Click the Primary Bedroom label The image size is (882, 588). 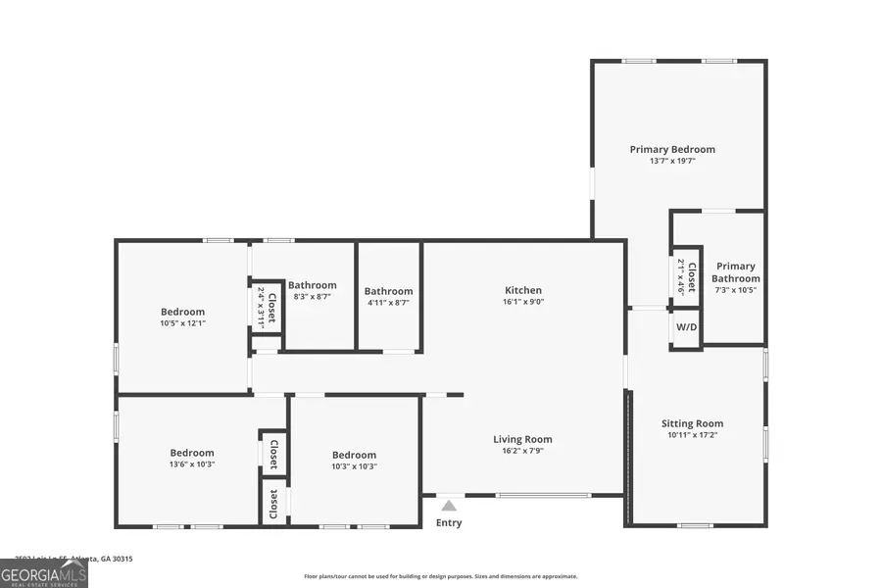coord(672,149)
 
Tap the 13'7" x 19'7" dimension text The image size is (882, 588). coord(672,161)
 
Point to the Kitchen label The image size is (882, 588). coord(523,290)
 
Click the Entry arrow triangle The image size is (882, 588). coord(449,506)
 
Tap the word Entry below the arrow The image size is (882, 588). coord(449,523)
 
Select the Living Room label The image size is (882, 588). coord(522,439)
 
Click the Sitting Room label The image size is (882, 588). coord(695,423)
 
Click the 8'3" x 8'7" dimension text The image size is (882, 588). coord(313,296)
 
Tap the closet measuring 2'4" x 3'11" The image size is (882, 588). coord(267,306)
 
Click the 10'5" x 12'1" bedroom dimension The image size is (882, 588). coord(183,323)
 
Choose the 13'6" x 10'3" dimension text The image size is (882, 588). coord(192,465)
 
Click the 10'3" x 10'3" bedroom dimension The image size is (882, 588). coord(354,466)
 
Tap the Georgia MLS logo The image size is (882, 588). coord(44,572)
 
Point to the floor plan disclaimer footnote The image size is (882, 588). coord(441,576)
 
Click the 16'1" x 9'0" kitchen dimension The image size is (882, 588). coord(523,302)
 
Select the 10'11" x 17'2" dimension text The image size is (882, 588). coord(695,435)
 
